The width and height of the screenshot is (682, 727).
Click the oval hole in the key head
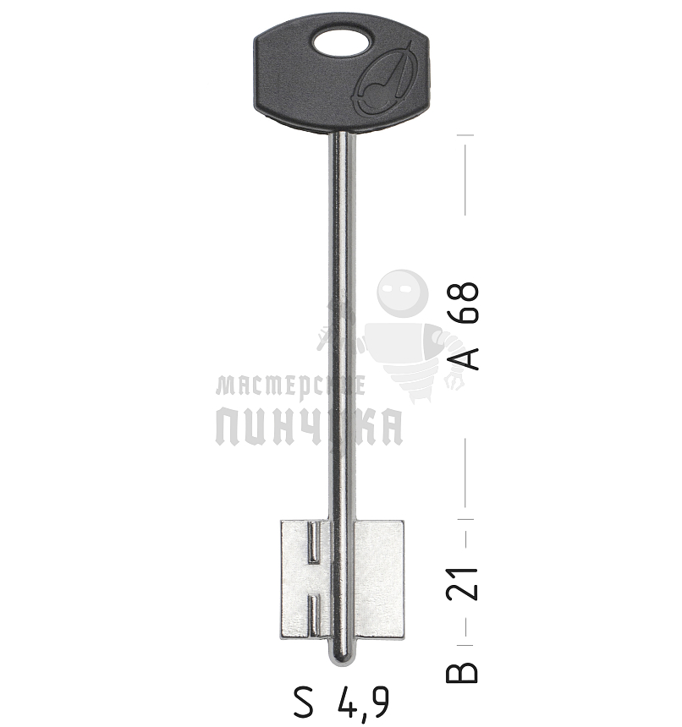click(341, 42)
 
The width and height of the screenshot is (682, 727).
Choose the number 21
click(464, 582)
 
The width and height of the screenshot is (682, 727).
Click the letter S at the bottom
click(304, 701)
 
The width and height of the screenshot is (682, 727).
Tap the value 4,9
click(363, 702)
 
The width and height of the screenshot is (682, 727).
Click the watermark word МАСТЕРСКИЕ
click(290, 386)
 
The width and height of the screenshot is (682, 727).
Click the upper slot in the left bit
click(312, 543)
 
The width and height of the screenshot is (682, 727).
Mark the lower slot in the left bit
click(313, 613)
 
